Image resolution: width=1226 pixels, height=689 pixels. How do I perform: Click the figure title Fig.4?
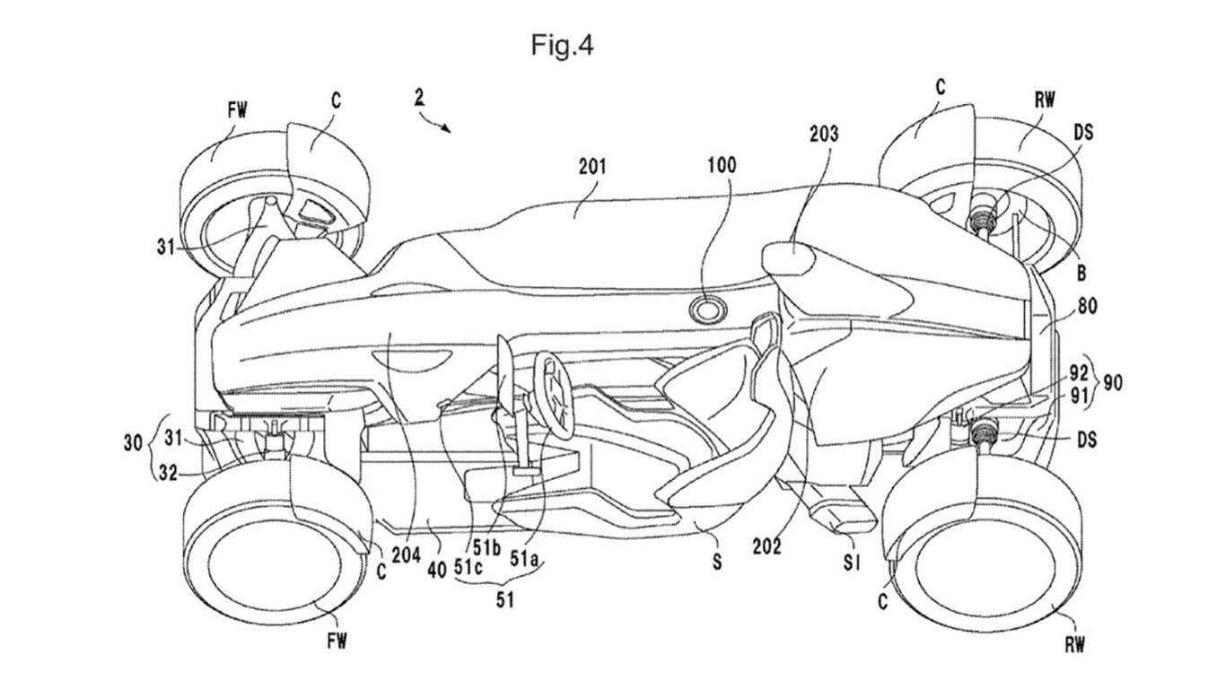click(562, 46)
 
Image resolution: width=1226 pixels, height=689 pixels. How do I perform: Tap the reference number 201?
click(592, 166)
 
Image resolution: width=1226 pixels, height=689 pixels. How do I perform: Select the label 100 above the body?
click(721, 165)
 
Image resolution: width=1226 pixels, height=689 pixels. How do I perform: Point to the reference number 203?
click(823, 134)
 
